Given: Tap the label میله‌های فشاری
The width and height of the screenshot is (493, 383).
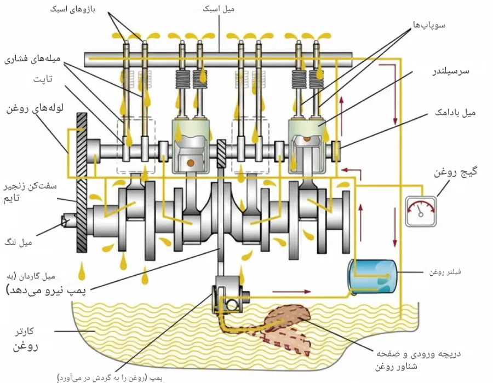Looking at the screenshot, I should pyautogui.click(x=36, y=58).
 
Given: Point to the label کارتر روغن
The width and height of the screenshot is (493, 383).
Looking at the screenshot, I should pyautogui.click(x=25, y=339).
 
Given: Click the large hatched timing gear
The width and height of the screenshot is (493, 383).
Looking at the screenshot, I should pyautogui.click(x=82, y=181).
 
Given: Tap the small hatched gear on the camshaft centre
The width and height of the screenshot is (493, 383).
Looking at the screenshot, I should pyautogui.click(x=222, y=154).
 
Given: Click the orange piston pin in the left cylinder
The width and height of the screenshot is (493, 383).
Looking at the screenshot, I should pyautogui.click(x=190, y=163).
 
